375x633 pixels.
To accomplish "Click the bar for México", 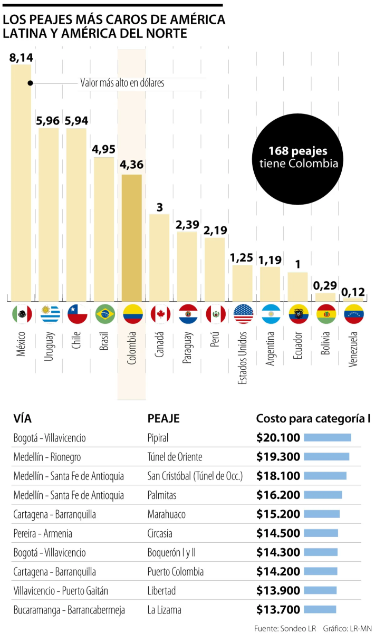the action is pyautogui.click(x=21, y=183).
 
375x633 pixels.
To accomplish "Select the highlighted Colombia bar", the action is pyautogui.click(x=132, y=238).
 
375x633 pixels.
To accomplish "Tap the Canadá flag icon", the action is pyautogui.click(x=160, y=314).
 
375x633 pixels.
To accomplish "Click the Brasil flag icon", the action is pyautogui.click(x=105, y=314).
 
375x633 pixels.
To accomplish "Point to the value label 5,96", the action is pyautogui.click(x=48, y=121).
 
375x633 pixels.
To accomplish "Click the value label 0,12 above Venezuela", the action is pyautogui.click(x=353, y=292).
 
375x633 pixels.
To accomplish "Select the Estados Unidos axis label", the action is pyautogui.click(x=242, y=358).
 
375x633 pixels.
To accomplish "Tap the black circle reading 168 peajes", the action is pyautogui.click(x=297, y=159).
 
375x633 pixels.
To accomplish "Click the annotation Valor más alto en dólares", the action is pyautogui.click(x=122, y=83).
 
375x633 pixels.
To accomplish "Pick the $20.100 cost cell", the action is pyautogui.click(x=278, y=438).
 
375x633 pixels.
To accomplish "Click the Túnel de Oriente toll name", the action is pyautogui.click(x=175, y=457).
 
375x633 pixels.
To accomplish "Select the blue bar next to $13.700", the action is pyautogui.click(x=320, y=610).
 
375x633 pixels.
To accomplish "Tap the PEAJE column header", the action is pyautogui.click(x=164, y=418).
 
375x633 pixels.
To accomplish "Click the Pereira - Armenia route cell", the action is pyautogui.click(x=43, y=533).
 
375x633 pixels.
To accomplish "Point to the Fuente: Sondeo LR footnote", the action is pyautogui.click(x=285, y=628).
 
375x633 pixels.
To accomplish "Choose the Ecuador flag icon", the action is pyautogui.click(x=299, y=314).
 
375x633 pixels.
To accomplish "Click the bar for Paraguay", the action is pyautogui.click(x=187, y=266).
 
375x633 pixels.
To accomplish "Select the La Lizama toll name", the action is pyautogui.click(x=164, y=610).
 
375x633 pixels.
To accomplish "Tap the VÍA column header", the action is pyautogui.click(x=22, y=418).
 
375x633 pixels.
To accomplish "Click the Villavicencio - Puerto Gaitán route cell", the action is pyautogui.click(x=61, y=591).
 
